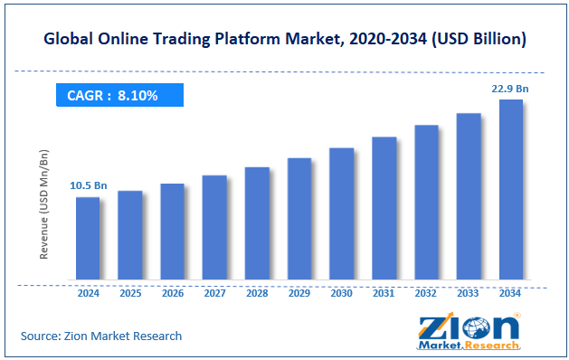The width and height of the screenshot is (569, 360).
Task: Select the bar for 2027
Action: [214, 227]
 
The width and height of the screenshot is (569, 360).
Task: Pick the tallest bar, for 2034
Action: [511, 189]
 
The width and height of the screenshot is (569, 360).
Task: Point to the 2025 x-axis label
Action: [130, 294]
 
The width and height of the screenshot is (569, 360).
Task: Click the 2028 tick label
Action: [257, 294]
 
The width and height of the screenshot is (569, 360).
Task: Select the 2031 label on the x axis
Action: [384, 294]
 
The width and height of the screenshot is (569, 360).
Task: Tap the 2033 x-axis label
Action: [469, 294]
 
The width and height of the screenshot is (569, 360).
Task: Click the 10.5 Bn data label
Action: [88, 186]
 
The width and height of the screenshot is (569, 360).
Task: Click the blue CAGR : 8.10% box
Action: [118, 95]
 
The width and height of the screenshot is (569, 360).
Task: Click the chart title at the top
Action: [284, 41]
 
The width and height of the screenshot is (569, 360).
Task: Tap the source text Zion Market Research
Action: [101, 336]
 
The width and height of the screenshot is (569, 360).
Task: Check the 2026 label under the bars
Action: [172, 294]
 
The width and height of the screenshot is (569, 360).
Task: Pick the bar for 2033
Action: [469, 196]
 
